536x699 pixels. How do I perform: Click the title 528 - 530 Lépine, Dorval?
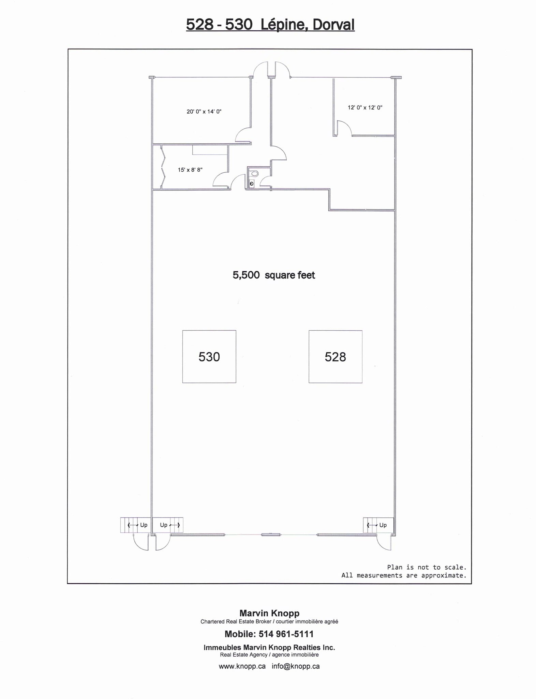(x=270, y=25)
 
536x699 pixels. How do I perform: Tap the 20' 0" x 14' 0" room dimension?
(x=204, y=112)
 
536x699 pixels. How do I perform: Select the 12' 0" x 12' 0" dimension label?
(x=365, y=108)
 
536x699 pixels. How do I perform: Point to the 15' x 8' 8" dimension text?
(x=190, y=170)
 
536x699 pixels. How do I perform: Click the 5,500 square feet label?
(x=273, y=275)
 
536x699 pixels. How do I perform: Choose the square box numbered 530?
(x=209, y=357)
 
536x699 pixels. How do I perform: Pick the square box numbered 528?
(x=335, y=357)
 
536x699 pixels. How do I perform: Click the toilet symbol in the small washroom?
(x=254, y=174)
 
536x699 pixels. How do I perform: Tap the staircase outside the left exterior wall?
(x=135, y=525)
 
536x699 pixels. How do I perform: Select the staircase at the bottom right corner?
(x=378, y=525)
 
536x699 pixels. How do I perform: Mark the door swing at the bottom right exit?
(x=384, y=543)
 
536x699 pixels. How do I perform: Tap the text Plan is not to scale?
(x=426, y=567)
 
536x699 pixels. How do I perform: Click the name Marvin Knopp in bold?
(x=269, y=613)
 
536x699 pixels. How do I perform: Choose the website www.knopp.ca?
(x=242, y=666)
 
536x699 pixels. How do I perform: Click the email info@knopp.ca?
(x=296, y=666)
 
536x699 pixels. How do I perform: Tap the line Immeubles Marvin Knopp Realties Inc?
(x=269, y=647)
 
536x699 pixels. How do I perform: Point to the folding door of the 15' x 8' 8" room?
(x=163, y=167)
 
